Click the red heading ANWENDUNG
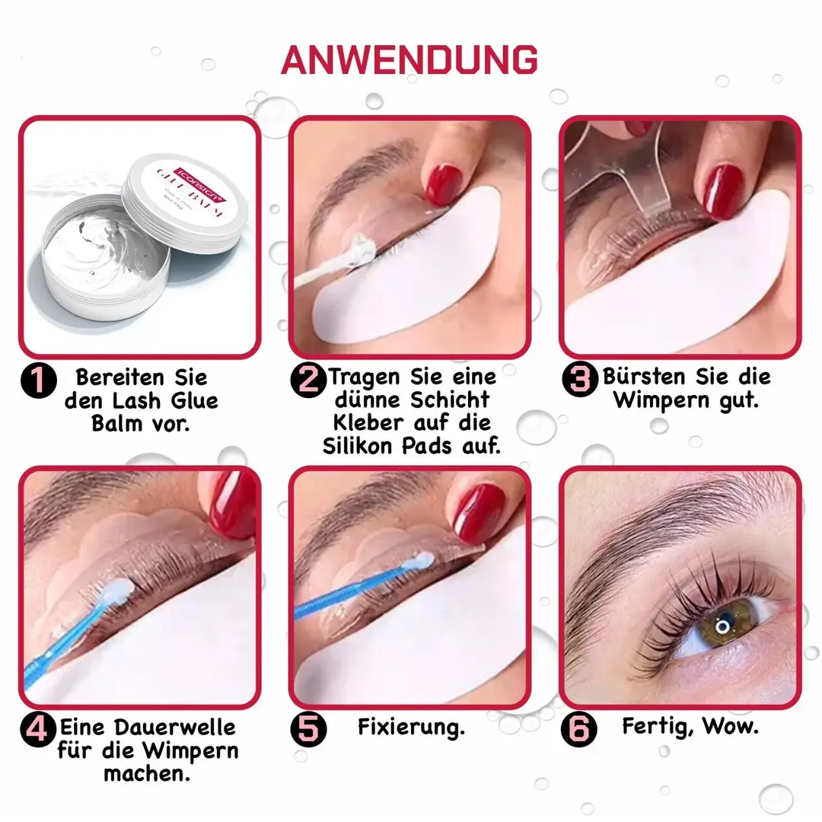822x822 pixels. (409, 59)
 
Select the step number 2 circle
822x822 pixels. (309, 379)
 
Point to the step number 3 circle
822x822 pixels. (580, 378)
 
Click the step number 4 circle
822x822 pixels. (38, 729)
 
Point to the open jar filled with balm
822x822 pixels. (105, 257)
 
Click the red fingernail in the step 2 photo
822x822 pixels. (444, 184)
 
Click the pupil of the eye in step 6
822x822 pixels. (723, 626)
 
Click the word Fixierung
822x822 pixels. (411, 728)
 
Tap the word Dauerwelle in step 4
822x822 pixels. (174, 728)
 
